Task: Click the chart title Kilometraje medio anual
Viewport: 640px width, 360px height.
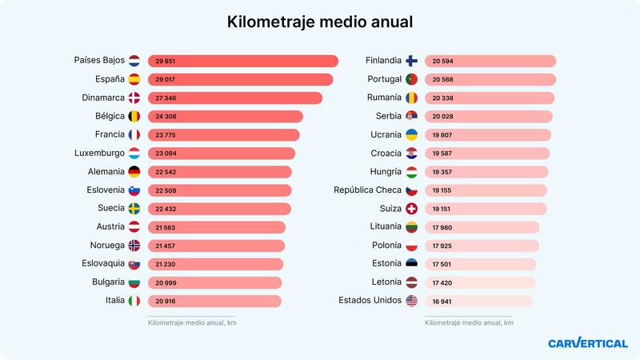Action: [x=320, y=22]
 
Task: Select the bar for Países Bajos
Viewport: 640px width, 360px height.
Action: [x=242, y=61]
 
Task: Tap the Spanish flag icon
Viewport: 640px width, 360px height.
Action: [x=134, y=79]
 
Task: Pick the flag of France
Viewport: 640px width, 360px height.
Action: [x=134, y=134]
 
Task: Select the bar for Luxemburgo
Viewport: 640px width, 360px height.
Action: [x=221, y=153]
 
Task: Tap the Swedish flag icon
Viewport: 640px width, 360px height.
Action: [x=134, y=208]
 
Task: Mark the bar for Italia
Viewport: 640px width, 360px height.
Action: [x=214, y=301]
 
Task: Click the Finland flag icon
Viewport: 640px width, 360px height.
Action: [x=411, y=61]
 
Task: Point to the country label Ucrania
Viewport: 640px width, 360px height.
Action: [x=382, y=134]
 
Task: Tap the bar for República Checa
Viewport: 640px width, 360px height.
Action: [x=486, y=190]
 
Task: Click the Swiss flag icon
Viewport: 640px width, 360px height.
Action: [x=411, y=209]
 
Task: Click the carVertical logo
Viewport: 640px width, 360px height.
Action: [x=587, y=343]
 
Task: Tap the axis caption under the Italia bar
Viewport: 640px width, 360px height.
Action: [x=192, y=322]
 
